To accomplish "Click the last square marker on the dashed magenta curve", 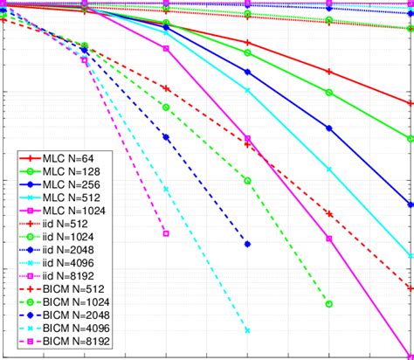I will (166, 232).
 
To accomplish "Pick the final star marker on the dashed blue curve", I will (248, 244).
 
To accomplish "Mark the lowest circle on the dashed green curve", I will (329, 304).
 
